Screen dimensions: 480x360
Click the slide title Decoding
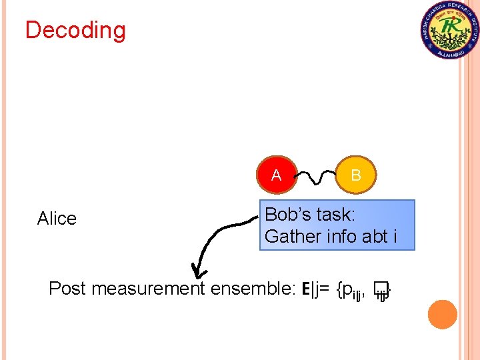[75, 31]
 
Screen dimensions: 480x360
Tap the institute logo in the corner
[450, 30]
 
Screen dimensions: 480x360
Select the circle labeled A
[276, 175]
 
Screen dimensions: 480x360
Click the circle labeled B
[356, 175]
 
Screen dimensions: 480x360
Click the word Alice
[57, 219]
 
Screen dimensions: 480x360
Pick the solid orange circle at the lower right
[443, 314]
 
